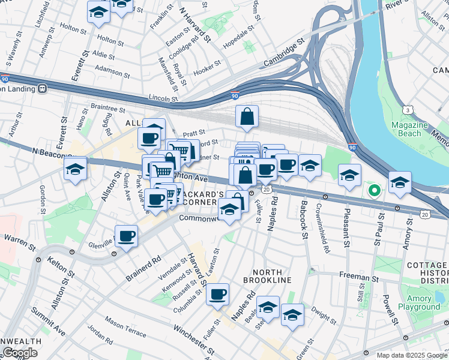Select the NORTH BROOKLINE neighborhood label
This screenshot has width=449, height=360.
(267, 280)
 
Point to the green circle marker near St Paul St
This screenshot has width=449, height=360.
(375, 191)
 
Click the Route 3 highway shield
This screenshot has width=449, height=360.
(408, 110)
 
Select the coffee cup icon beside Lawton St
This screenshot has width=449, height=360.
(217, 294)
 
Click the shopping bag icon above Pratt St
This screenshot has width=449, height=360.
(247, 118)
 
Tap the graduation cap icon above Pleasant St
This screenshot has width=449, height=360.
(349, 175)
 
